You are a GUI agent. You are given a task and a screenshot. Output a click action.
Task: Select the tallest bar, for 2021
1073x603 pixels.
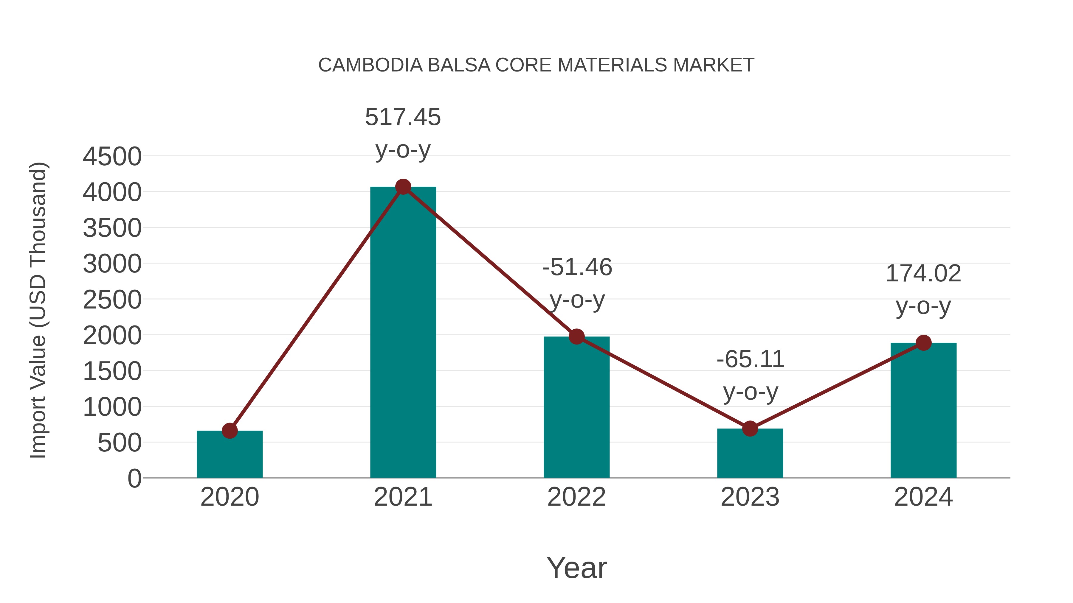[403, 333]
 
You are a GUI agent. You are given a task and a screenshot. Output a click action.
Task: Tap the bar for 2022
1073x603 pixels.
[576, 408]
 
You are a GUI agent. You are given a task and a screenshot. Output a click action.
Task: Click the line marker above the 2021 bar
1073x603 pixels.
[403, 187]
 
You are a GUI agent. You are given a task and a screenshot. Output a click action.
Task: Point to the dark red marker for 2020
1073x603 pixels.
[230, 431]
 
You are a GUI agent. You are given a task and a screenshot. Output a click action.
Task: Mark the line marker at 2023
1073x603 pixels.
[750, 428]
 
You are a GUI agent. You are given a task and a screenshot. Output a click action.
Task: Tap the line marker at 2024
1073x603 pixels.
[923, 343]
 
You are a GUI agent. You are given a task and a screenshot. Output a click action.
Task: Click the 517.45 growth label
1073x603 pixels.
[403, 117]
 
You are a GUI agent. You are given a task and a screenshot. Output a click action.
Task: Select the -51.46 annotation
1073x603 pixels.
[577, 268]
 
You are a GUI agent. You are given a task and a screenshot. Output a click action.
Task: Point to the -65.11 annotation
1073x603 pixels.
[750, 359]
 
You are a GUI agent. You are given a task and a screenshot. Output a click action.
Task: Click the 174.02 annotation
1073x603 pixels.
[923, 274]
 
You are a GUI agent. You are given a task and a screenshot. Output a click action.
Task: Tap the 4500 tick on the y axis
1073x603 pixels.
[112, 157]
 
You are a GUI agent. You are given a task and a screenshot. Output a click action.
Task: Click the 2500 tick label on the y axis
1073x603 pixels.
[112, 300]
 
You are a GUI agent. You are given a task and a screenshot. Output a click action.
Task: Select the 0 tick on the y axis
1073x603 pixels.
[134, 479]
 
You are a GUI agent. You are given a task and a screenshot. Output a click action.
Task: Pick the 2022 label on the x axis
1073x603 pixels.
[576, 497]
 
